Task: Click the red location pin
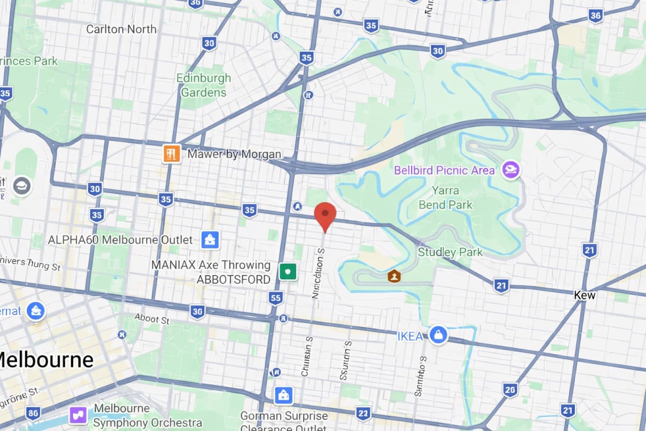[325, 215]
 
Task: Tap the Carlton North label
[121, 29]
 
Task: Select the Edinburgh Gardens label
[203, 85]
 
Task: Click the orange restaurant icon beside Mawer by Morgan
[172, 154]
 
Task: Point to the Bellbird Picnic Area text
[444, 171]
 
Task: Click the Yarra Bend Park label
[446, 198]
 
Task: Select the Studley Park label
[450, 252]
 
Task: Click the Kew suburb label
[585, 295]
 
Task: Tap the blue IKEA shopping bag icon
[439, 335]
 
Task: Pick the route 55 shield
[276, 297]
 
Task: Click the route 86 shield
[33, 413]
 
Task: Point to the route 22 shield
[363, 413]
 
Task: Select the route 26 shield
[510, 390]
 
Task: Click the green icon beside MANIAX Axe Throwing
[289, 271]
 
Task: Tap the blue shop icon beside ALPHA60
[209, 240]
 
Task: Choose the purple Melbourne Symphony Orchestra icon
[78, 415]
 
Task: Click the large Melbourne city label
[46, 359]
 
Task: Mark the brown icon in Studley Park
[395, 276]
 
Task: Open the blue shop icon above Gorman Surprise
[283, 395]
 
